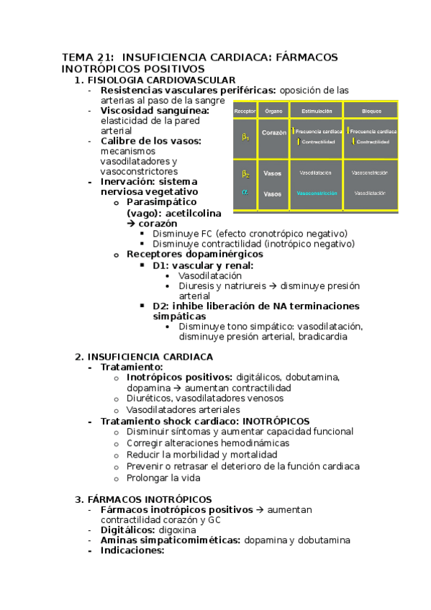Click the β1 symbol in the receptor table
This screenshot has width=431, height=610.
point(245,136)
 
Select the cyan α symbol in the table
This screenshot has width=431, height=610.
point(245,193)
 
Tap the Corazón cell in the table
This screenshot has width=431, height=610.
point(274,133)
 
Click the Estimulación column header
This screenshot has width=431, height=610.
point(316,111)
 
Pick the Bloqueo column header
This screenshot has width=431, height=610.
point(370,111)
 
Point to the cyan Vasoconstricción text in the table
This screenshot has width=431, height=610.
point(316,194)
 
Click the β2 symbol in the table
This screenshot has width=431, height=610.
point(245,173)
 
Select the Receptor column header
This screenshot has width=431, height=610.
point(245,111)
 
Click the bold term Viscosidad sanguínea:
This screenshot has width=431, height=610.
point(155,111)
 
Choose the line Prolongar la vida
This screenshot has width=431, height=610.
point(163,477)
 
